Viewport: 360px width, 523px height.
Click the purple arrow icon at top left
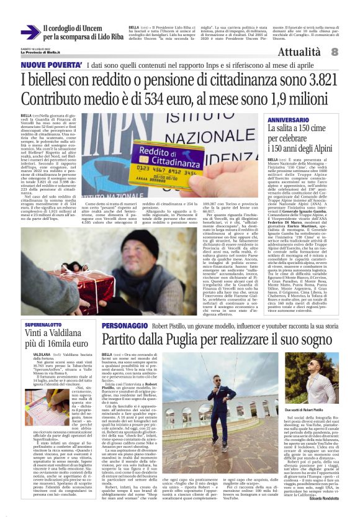tap(29, 32)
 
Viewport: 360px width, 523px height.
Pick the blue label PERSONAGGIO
tap(124, 325)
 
